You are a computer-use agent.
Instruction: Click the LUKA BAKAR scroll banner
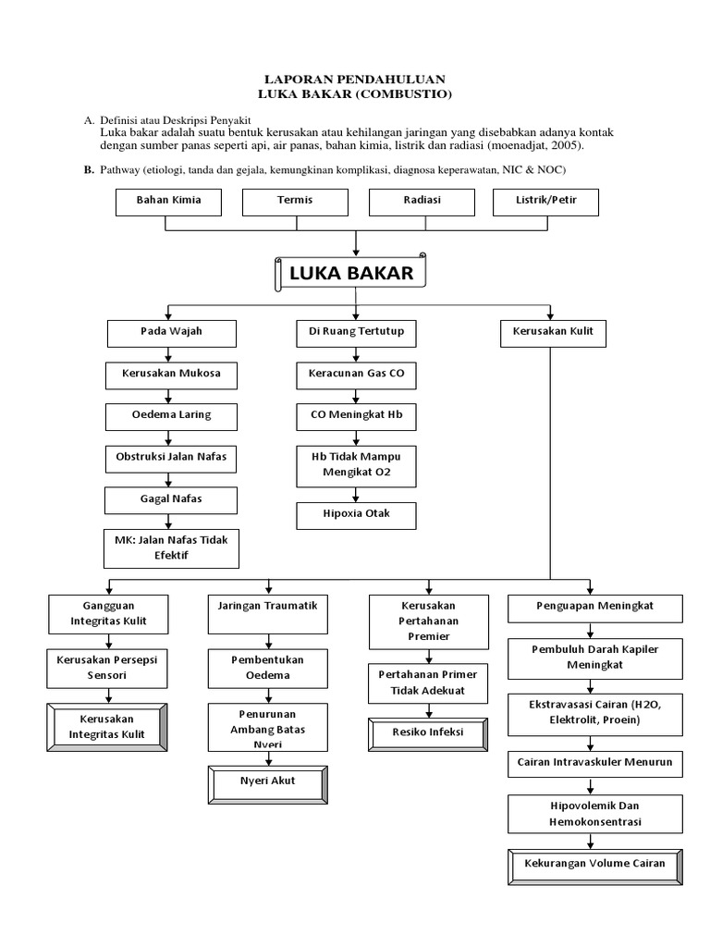[x=351, y=274]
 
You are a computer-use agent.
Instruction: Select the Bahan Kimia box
[x=168, y=201]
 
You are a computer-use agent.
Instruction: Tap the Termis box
[x=295, y=201]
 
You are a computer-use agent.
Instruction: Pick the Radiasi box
[x=422, y=201]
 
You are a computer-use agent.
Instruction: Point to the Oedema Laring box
[x=171, y=414]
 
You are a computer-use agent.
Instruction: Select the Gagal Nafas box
[x=171, y=498]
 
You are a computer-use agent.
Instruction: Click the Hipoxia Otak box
[x=357, y=515]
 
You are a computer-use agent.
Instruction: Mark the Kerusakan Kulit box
[x=553, y=331]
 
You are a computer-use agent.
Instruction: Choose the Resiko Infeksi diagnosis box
[x=427, y=733]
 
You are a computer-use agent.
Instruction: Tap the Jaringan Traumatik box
[x=268, y=607]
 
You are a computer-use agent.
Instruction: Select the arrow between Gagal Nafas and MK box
[x=167, y=521]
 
